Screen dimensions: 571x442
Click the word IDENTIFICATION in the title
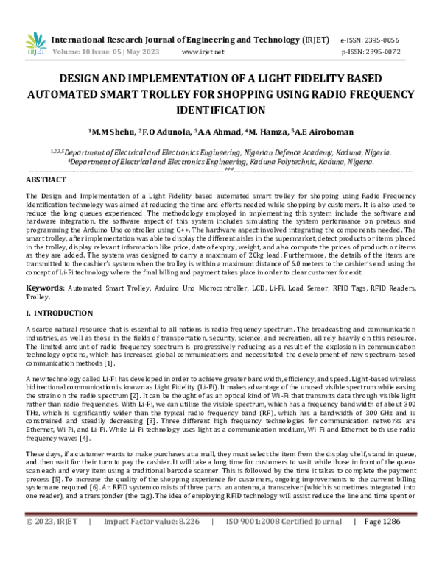pyautogui.click(x=220, y=110)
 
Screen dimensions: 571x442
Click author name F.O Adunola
pyautogui.click(x=166, y=132)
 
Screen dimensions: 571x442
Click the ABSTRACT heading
pyautogui.click(x=46, y=180)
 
